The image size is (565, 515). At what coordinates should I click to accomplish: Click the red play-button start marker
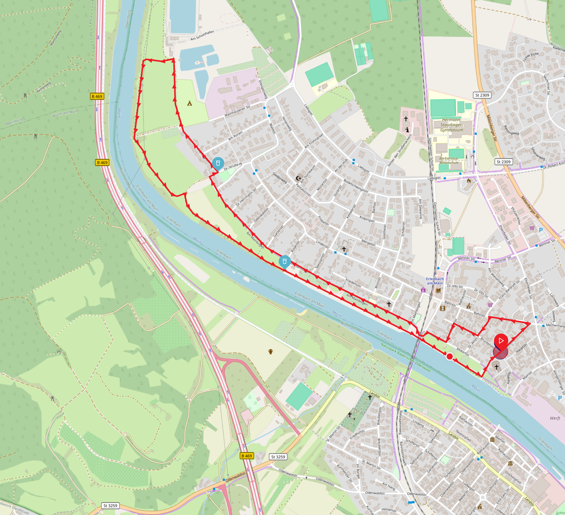[501, 341]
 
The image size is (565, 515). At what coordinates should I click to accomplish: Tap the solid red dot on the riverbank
[449, 356]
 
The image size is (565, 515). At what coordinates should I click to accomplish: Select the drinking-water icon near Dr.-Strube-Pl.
[218, 163]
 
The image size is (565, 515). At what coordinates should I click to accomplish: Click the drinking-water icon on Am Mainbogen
[285, 261]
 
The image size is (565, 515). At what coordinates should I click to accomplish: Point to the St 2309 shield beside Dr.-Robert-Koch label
[503, 162]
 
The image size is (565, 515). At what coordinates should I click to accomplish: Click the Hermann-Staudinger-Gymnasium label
[451, 125]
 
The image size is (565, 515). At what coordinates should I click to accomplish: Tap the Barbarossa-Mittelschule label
[449, 160]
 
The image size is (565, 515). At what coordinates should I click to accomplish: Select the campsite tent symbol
[189, 103]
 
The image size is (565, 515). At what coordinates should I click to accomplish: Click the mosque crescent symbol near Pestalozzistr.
[298, 178]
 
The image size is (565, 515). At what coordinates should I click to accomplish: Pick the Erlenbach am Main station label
[435, 281]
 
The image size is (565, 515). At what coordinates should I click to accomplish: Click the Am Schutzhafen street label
[202, 35]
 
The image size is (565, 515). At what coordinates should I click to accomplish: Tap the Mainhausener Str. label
[237, 111]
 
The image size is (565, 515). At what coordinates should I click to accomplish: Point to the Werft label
[555, 418]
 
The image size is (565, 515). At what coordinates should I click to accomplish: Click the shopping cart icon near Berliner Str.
[532, 228]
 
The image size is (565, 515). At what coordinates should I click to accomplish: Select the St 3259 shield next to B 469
[278, 457]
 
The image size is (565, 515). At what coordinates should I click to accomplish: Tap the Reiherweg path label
[44, 87]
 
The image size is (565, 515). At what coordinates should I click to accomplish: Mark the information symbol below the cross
[407, 130]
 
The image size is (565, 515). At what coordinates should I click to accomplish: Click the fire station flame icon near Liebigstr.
[469, 181]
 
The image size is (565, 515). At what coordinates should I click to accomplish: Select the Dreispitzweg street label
[263, 89]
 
